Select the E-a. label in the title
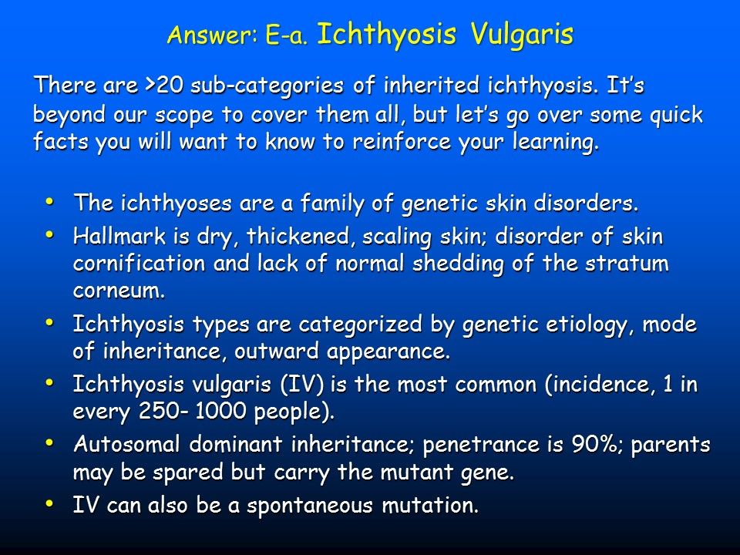coord(287,35)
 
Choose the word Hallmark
coord(119,236)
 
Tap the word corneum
coord(119,291)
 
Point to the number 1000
coord(220,412)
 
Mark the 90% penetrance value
coord(598,445)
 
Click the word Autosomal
coord(127,445)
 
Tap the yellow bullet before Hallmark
coord(49,234)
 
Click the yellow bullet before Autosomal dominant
coord(49,443)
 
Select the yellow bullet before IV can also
coord(49,503)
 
